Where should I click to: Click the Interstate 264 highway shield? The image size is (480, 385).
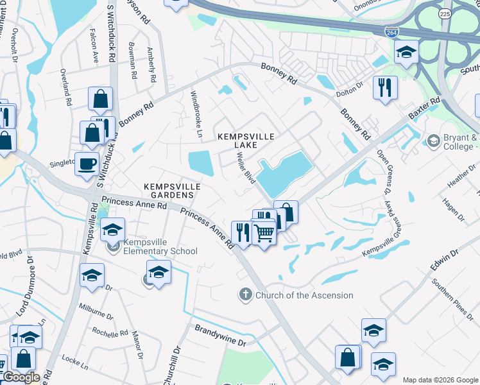pyautogui.click(x=390, y=31)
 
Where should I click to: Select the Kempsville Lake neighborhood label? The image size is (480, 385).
pyautogui.click(x=246, y=141)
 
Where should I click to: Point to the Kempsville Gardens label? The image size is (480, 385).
pyautogui.click(x=171, y=191)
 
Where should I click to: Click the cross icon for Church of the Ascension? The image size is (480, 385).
pyautogui.click(x=244, y=295)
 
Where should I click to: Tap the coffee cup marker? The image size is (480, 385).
pyautogui.click(x=87, y=163)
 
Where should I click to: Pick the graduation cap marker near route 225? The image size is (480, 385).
pyautogui.click(x=406, y=51)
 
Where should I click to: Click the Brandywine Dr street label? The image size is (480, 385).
pyautogui.click(x=219, y=336)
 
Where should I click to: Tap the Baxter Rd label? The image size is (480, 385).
pyautogui.click(x=424, y=109)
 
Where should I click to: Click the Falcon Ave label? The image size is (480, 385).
pyautogui.click(x=95, y=49)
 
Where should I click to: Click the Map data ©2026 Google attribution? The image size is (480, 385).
pyautogui.click(x=440, y=380)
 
